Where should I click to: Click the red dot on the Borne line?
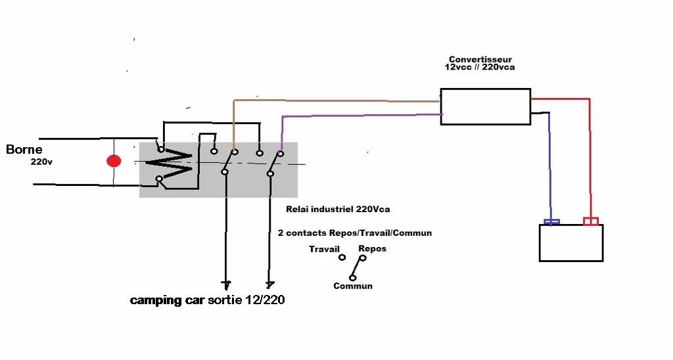114,161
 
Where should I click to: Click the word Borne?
24,150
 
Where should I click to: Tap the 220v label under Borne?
41,162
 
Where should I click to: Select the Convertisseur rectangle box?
485,106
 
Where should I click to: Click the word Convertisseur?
480,60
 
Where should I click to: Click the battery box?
570,243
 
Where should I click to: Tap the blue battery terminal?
551,222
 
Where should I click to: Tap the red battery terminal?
591,221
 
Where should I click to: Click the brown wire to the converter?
335,101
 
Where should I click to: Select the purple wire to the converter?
361,116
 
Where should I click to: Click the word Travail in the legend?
324,250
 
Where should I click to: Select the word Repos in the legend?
372,249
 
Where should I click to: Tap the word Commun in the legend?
353,286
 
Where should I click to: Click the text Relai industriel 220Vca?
338,210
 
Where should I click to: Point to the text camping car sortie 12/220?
208,301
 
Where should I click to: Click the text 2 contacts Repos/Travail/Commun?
355,233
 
